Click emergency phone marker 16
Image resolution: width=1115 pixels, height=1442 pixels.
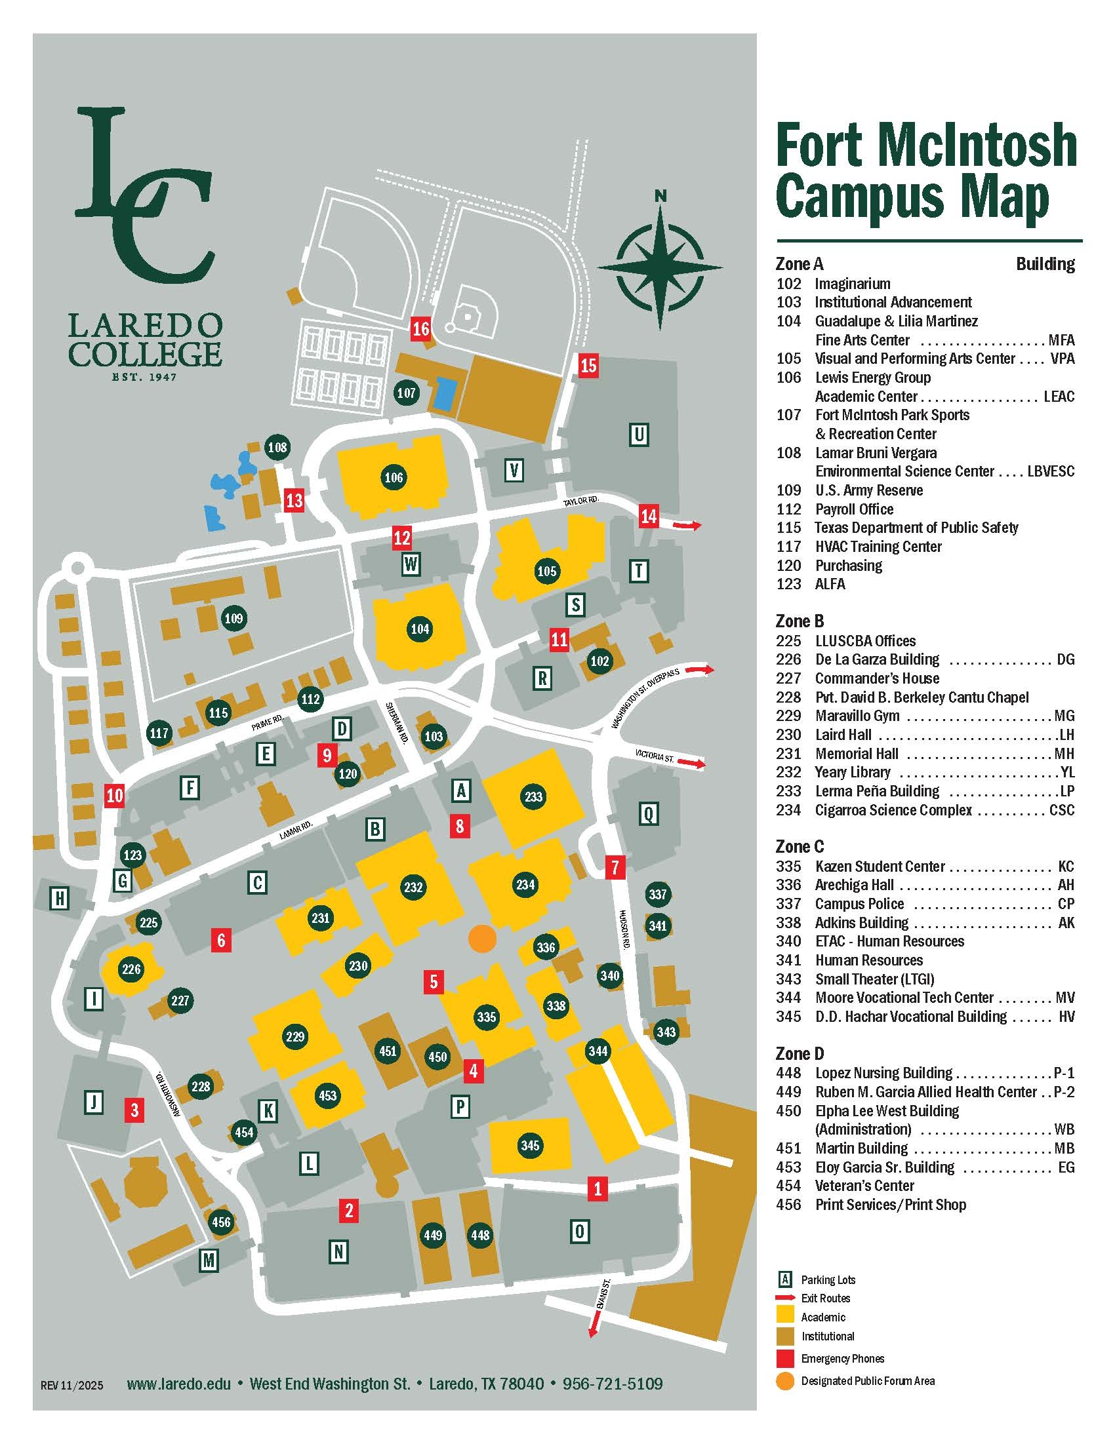click(x=421, y=328)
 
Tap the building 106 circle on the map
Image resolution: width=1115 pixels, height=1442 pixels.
click(x=394, y=477)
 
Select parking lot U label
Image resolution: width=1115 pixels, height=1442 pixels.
click(x=638, y=435)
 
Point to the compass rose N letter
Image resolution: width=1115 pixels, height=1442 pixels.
click(x=660, y=196)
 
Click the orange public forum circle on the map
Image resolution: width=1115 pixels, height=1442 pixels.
click(x=481, y=937)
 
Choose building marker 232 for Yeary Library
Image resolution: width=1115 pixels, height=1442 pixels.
click(x=413, y=887)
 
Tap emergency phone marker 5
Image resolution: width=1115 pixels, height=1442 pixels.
click(x=434, y=982)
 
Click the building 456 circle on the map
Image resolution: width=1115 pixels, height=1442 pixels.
click(x=220, y=1222)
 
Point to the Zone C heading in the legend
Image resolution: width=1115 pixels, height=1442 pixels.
click(x=800, y=846)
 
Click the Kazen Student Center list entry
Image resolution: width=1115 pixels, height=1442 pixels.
click(x=879, y=867)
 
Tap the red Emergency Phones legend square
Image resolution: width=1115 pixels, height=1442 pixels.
click(x=784, y=1358)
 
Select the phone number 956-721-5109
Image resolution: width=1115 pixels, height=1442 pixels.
click(x=613, y=1383)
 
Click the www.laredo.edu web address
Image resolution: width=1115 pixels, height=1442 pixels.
click(x=178, y=1383)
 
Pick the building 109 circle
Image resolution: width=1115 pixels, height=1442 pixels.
click(x=234, y=619)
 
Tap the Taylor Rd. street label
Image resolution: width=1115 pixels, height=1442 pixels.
click(x=580, y=502)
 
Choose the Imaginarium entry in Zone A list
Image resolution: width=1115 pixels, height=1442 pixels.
click(x=852, y=284)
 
